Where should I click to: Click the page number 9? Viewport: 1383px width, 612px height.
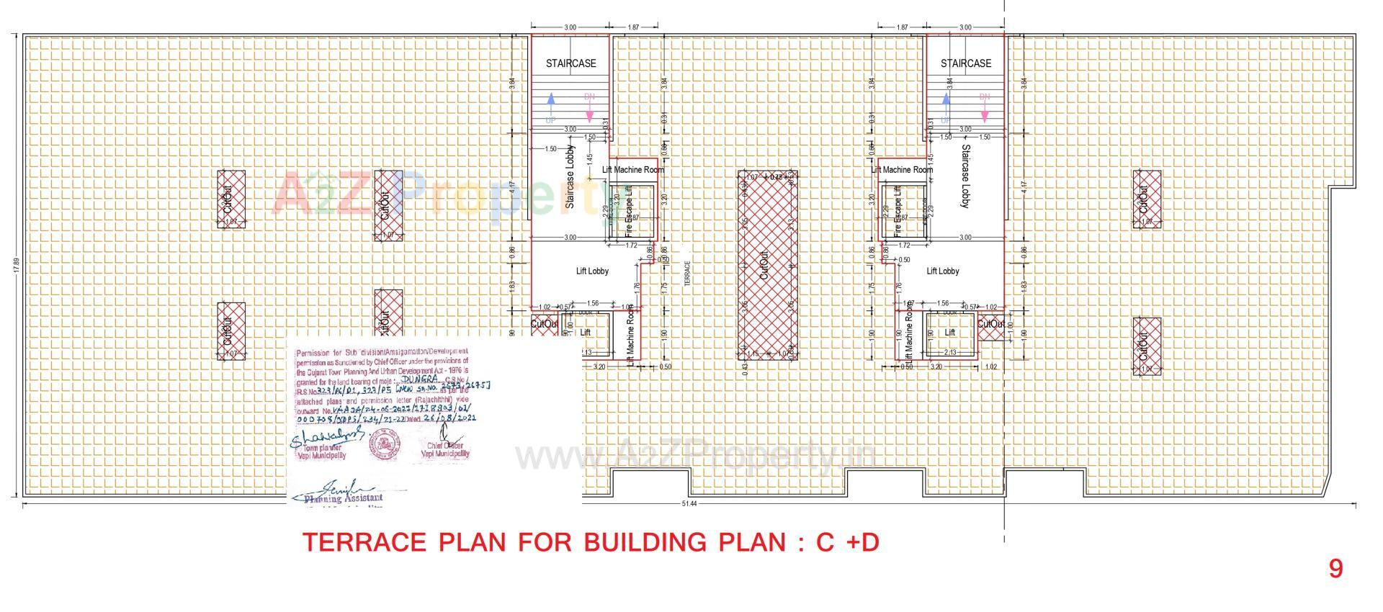(1335, 569)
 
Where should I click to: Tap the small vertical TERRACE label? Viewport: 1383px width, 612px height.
(686, 274)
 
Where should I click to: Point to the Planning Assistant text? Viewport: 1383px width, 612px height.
(344, 498)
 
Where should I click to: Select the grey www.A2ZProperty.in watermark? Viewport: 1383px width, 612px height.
(695, 456)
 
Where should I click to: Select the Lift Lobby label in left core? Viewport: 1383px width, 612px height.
(592, 271)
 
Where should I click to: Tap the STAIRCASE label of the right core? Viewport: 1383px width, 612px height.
(965, 63)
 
